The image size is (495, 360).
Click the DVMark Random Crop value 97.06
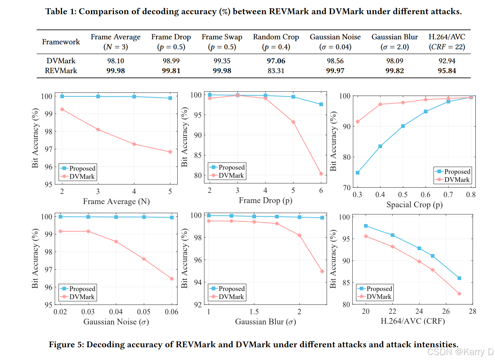(276, 61)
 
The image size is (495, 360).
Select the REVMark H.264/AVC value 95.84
(447, 71)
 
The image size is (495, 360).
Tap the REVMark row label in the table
(61, 71)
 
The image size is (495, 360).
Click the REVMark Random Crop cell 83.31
(276, 71)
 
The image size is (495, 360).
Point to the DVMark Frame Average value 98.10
(116, 61)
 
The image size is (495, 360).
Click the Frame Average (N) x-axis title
(116, 202)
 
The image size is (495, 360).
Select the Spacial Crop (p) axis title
(414, 205)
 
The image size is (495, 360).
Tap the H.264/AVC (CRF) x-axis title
(413, 321)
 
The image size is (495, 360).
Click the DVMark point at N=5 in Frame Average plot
(170, 152)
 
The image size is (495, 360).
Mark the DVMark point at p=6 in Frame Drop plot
(321, 174)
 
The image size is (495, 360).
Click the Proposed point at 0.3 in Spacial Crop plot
(358, 173)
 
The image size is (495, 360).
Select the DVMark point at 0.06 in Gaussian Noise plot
(172, 279)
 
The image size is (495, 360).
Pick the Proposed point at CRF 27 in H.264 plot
(459, 278)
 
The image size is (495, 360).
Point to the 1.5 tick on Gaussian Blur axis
(254, 312)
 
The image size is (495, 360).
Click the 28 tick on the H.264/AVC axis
(472, 311)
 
